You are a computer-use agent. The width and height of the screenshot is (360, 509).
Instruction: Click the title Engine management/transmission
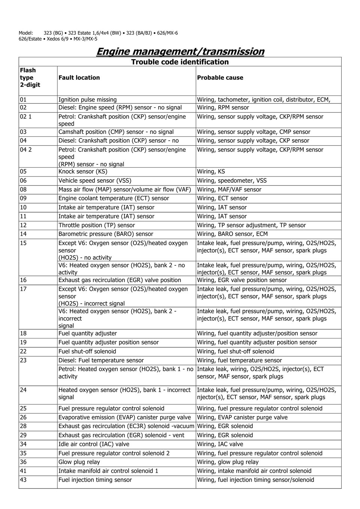pyautogui.click(x=180, y=51)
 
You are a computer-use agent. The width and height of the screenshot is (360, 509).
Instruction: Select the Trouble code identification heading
pyautogui.click(x=180, y=62)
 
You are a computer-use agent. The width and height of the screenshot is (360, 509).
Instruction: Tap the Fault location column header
pyautogui.click(x=79, y=78)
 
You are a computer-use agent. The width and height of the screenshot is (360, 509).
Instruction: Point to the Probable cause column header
pyautogui.click(x=220, y=78)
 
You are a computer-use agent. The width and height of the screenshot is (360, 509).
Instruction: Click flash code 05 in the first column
pyautogui.click(x=23, y=172)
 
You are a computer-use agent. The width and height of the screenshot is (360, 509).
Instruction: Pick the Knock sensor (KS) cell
pyautogui.click(x=83, y=172)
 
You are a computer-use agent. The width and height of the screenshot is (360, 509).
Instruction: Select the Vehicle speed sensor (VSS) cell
pyautogui.click(x=95, y=181)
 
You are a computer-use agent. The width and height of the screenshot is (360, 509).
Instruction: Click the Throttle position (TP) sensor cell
pyautogui.click(x=97, y=225)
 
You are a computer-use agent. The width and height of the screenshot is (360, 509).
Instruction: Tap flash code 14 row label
pyautogui.click(x=23, y=234)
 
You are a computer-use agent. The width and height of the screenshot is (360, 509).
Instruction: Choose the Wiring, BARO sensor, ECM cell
pyautogui.click(x=232, y=234)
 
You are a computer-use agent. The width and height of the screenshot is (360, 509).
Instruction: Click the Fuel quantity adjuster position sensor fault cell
pyautogui.click(x=108, y=342)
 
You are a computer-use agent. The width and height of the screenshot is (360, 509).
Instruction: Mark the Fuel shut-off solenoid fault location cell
pyautogui.click(x=87, y=352)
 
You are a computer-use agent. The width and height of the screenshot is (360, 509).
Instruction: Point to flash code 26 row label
pyautogui.click(x=23, y=418)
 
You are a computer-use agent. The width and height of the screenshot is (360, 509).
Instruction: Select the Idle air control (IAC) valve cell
pyautogui.click(x=94, y=444)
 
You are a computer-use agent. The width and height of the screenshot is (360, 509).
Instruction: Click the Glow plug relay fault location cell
pyautogui.click(x=79, y=462)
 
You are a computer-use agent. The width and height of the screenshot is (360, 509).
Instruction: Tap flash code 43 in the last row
pyautogui.click(x=23, y=480)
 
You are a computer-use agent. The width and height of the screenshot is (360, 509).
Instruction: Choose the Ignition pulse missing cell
pyautogui.click(x=87, y=100)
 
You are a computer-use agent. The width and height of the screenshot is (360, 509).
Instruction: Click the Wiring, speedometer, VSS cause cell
pyautogui.click(x=232, y=181)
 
